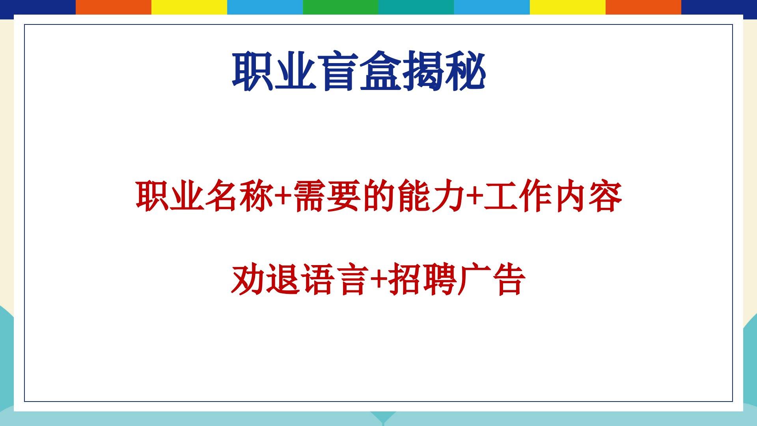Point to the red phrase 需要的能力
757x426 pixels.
pos(380,196)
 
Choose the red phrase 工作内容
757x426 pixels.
pos(553,196)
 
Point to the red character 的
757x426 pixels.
pos(380,196)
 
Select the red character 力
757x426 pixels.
pos(449,196)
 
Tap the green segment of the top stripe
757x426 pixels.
pos(341,7)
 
